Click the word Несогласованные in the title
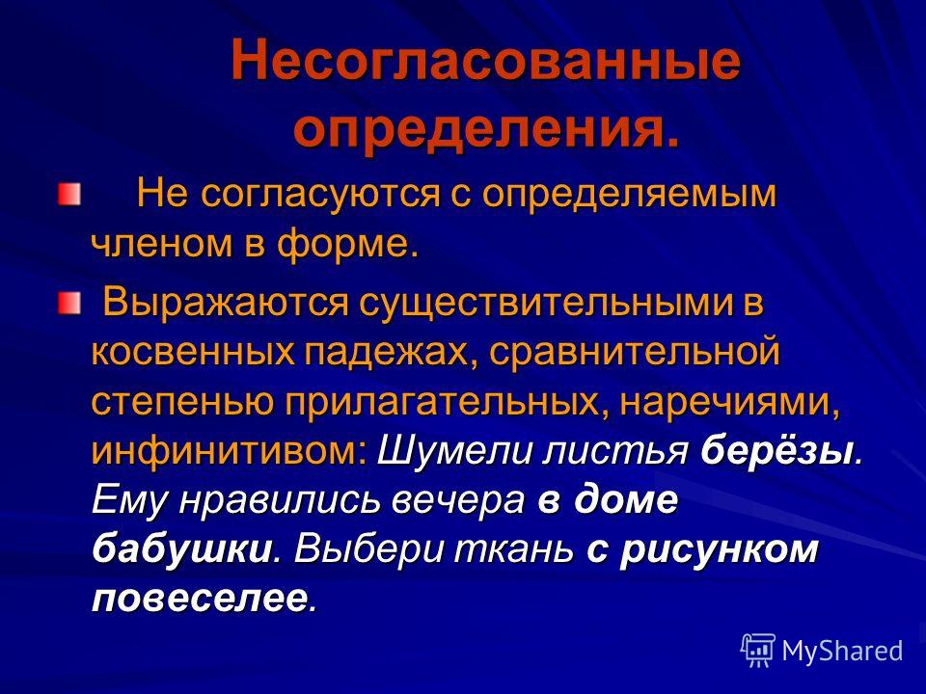point(485,60)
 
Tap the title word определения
point(486,127)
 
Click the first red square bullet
point(68,195)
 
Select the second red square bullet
point(68,303)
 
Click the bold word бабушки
point(181,549)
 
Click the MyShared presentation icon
point(758,651)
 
